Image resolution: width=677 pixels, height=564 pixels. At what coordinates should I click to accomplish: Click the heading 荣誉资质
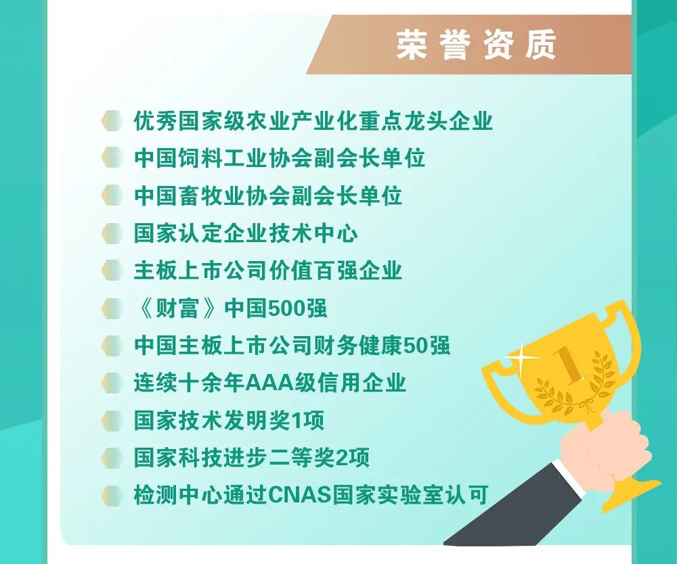coord(476,45)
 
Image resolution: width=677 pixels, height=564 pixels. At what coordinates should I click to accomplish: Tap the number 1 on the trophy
coord(567,366)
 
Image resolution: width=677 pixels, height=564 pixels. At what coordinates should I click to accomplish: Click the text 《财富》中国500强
coord(230,308)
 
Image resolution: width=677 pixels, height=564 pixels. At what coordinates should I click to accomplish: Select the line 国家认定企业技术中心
coord(246,233)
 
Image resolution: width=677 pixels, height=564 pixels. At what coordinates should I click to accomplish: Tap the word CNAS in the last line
coord(299,494)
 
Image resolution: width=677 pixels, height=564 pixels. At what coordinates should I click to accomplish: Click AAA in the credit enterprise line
coord(269,383)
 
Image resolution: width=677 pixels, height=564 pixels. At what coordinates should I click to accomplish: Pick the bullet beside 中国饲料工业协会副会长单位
coord(112,158)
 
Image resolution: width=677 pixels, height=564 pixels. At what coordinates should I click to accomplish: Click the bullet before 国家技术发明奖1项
coord(112,420)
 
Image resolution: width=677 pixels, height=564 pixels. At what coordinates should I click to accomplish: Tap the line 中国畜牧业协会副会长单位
coord(268,195)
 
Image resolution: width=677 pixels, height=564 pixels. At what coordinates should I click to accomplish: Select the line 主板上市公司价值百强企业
coord(268,271)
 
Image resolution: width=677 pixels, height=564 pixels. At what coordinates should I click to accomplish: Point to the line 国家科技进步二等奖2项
coord(252,458)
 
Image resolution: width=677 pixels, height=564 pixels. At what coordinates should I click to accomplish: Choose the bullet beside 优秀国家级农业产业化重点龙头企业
coord(112,120)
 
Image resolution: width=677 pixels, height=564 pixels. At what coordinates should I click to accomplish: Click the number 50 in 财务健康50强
coord(416,346)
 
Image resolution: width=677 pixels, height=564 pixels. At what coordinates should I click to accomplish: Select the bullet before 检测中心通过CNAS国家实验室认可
coord(112,495)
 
